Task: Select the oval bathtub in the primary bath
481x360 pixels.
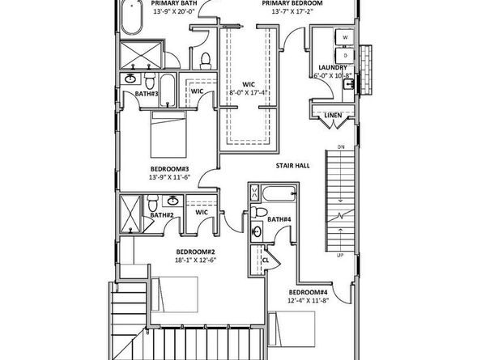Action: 130,17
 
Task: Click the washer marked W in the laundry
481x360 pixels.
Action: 346,37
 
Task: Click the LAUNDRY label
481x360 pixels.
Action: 333,68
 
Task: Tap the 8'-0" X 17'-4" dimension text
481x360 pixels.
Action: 249,93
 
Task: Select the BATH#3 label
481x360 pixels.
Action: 147,94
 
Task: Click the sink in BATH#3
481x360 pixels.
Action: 130,79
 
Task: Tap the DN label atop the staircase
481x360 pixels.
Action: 342,146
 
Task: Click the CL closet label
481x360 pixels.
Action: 266,260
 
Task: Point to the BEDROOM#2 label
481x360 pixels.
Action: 195,252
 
